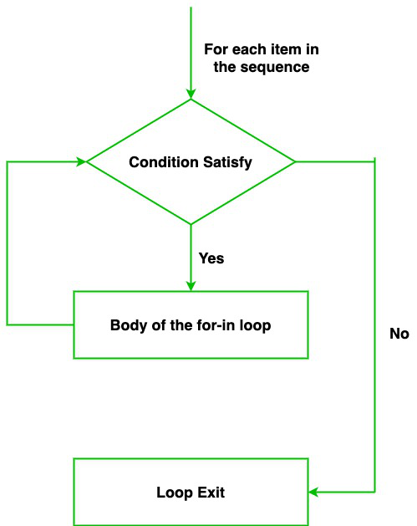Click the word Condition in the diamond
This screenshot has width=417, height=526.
164,162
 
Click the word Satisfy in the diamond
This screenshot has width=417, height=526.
227,163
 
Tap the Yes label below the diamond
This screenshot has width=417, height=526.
211,258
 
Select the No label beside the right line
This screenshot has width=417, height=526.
399,334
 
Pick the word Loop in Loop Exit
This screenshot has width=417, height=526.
175,493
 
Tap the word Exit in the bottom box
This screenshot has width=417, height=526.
211,493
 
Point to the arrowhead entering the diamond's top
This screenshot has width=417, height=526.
191,94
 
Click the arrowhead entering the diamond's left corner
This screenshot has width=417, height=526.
81,161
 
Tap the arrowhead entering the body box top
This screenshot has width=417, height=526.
191,286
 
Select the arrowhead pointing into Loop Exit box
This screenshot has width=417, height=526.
313,492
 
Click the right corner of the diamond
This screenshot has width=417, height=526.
295,161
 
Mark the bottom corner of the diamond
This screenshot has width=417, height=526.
191,224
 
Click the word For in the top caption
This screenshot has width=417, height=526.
216,49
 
